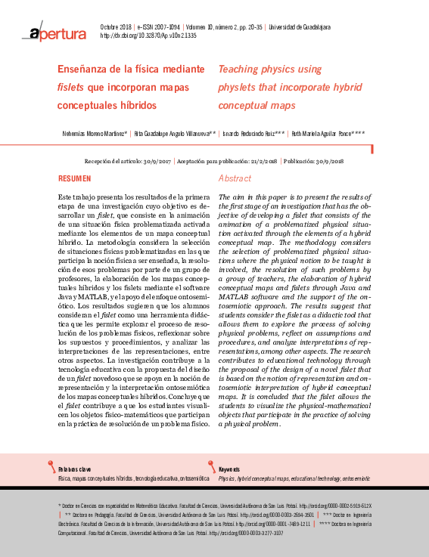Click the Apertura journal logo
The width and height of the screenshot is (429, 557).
[57, 32]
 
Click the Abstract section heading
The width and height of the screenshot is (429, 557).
[234, 178]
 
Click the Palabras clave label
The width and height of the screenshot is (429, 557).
[73, 469]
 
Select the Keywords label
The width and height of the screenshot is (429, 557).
[229, 469]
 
